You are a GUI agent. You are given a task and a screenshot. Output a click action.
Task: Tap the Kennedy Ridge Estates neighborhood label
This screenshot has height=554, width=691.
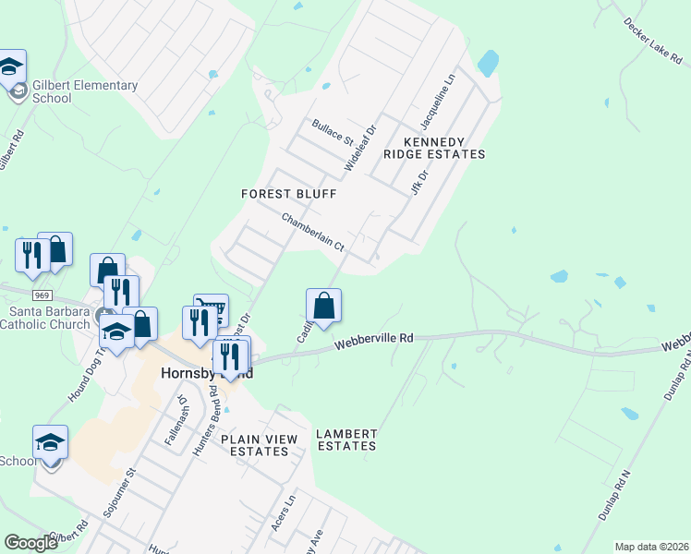pyautogui.click(x=433, y=148)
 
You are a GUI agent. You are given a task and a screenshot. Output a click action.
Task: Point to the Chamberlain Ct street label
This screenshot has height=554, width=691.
pyautogui.click(x=312, y=234)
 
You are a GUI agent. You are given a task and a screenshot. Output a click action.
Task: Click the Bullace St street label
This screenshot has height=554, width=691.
pyautogui.click(x=333, y=133)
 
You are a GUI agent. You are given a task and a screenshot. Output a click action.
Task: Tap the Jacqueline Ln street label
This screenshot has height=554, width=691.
pyautogui.click(x=438, y=102)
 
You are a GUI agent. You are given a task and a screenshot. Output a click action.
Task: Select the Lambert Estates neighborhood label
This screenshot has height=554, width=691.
pyautogui.click(x=346, y=440)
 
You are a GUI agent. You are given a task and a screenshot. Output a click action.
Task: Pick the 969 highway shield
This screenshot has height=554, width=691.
pyautogui.click(x=41, y=295)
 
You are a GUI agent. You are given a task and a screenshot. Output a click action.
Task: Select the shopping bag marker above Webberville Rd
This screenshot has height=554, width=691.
pyautogui.click(x=323, y=306)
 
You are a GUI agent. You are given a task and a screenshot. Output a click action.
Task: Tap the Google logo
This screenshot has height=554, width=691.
pyautogui.click(x=31, y=543)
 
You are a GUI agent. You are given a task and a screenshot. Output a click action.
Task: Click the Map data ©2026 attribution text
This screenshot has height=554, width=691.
pyautogui.click(x=651, y=547)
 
